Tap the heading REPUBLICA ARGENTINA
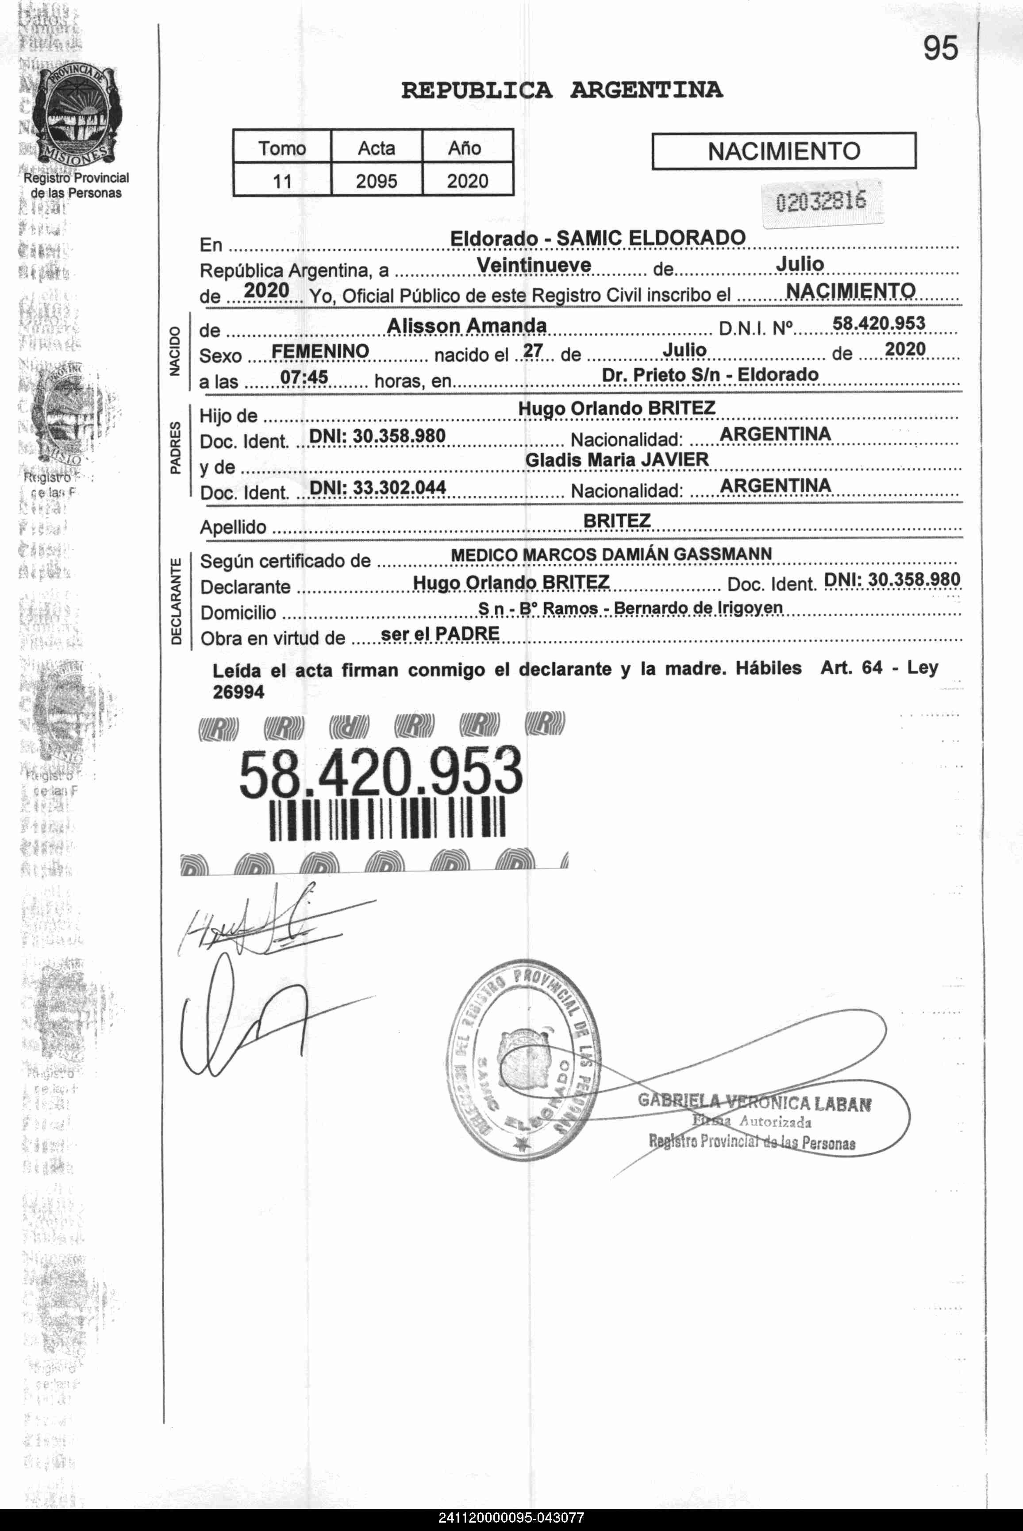click(x=562, y=89)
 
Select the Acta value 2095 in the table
click(x=377, y=181)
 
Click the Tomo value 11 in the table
click(x=282, y=181)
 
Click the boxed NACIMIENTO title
click(x=784, y=151)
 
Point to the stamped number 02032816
click(x=820, y=202)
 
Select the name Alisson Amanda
click(x=466, y=326)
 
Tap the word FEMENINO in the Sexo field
click(x=319, y=352)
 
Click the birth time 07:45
click(x=304, y=377)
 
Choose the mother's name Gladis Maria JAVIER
click(x=616, y=460)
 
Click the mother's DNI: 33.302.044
click(x=377, y=487)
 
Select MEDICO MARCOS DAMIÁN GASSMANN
click(x=611, y=555)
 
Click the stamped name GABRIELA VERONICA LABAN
click(x=755, y=1102)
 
